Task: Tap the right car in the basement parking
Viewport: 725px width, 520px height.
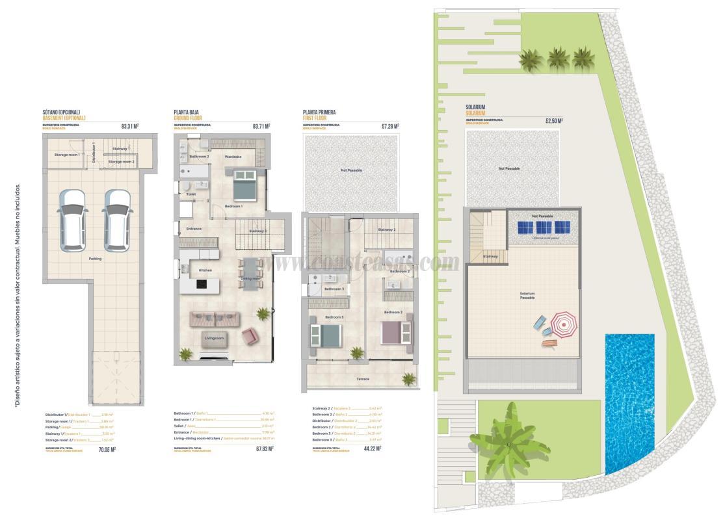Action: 118,220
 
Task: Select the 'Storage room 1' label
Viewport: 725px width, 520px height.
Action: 67,155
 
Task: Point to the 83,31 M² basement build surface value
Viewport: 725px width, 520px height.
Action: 130,127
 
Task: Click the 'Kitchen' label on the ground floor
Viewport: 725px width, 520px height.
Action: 205,270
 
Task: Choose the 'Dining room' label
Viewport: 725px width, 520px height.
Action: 251,278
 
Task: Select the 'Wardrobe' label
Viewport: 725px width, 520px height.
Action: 233,157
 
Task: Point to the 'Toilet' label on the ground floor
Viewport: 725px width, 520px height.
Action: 191,194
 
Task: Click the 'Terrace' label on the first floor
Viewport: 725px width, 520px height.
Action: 363,379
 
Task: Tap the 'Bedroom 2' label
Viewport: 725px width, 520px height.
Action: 393,313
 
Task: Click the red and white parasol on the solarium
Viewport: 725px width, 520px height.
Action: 564,323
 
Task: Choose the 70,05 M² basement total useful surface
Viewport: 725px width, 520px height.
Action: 107,449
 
